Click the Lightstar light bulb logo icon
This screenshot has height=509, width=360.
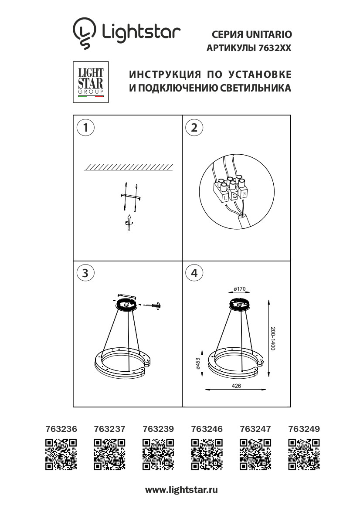84,33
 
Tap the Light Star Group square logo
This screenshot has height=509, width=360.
91,82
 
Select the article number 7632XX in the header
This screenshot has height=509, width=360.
275,48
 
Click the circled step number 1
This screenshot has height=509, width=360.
85,128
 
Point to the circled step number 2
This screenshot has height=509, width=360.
194,128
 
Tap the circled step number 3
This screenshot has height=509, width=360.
85,273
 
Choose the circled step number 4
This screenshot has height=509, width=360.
194,273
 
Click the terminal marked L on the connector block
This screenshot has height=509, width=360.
224,196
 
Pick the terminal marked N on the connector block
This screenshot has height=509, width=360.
244,194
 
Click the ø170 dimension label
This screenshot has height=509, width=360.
240,289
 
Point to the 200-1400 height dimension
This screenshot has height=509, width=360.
273,338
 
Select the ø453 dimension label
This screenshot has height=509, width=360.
198,363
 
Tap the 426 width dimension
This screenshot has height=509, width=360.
236,386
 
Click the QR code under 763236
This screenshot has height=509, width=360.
61,455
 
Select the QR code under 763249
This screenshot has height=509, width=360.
304,455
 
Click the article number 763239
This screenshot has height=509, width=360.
158,429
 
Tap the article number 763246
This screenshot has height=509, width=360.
207,429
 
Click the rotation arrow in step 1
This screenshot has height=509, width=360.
129,223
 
